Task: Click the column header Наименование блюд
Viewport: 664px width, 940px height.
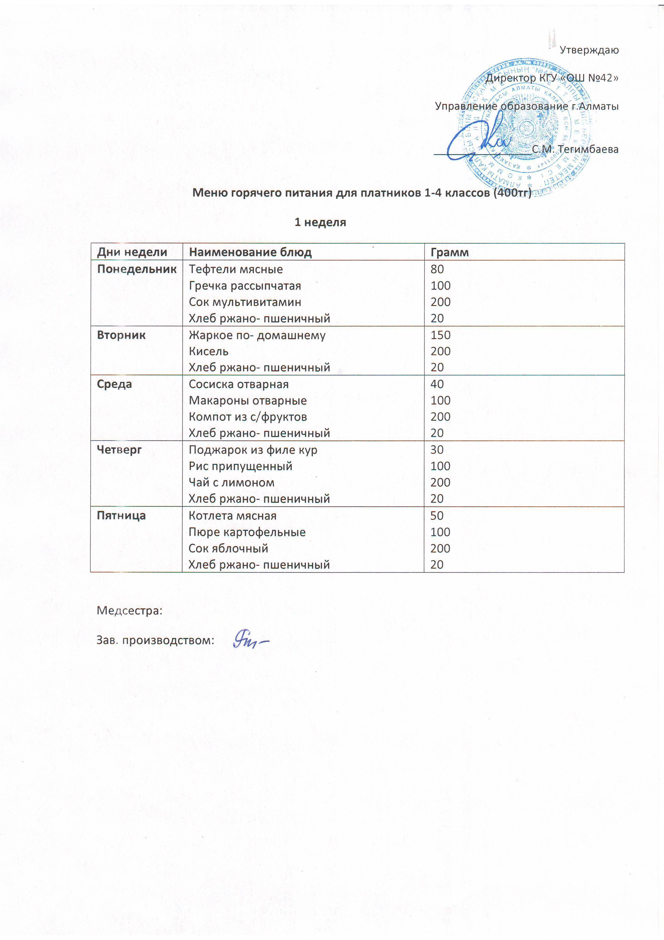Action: [250, 252]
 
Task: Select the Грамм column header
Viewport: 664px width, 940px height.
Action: [449, 252]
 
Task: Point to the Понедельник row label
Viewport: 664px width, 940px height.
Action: [137, 269]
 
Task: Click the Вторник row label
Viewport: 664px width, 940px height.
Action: [121, 335]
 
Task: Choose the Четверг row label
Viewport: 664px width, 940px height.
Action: [119, 450]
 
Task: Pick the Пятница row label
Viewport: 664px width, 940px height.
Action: [121, 516]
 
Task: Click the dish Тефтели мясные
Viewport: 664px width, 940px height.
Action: [236, 269]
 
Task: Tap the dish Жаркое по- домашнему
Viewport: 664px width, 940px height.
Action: [257, 335]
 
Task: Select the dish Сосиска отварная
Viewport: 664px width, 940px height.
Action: [239, 384]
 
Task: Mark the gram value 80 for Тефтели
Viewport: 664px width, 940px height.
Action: [437, 269]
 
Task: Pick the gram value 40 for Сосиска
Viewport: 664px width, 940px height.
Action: [437, 384]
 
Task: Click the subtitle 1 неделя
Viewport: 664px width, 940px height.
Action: [320, 222]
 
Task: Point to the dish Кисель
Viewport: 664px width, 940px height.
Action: [208, 351]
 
